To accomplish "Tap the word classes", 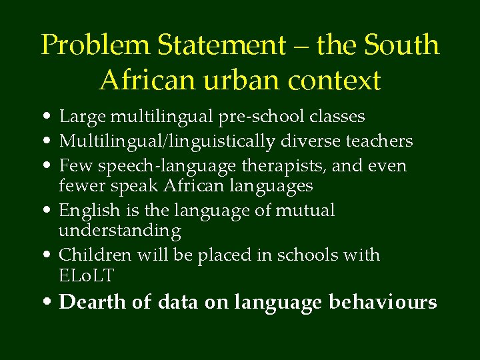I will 337,117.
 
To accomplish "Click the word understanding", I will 120,231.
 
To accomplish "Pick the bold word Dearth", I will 92,302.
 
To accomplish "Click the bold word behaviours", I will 383,302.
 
